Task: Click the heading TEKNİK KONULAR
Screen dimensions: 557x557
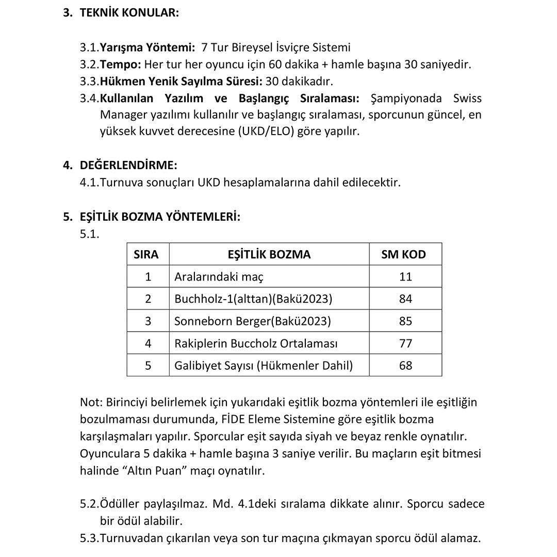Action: (129, 13)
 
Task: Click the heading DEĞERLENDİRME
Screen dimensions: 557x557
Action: (128, 165)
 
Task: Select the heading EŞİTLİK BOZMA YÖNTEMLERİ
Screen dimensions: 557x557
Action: (160, 217)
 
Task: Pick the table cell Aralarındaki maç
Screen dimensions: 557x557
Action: (219, 276)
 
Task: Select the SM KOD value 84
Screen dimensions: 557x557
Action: (405, 299)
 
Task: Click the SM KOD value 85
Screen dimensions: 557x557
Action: (405, 321)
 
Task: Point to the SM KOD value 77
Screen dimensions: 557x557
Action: (405, 343)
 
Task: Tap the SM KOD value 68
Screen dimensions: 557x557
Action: (405, 365)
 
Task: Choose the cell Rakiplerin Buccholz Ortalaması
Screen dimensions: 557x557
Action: (256, 343)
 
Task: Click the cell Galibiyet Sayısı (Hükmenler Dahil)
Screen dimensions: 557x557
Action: (264, 365)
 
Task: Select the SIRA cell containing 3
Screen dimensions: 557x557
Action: (148, 321)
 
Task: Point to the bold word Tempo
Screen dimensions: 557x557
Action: (120, 64)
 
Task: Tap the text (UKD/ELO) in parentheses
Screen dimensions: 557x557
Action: (268, 131)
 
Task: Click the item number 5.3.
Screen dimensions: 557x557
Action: (89, 538)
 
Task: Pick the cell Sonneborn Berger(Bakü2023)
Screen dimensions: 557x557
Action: (252, 321)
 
